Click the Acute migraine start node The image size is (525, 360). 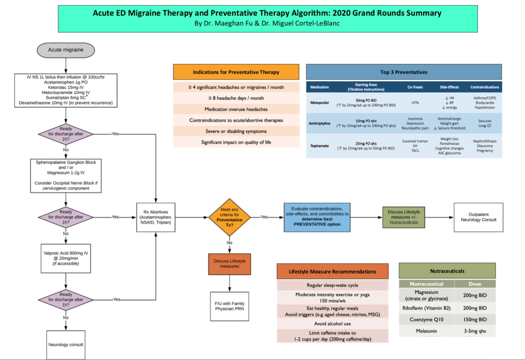click(66, 50)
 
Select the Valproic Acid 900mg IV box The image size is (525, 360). click(66, 258)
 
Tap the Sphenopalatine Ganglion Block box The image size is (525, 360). click(66, 175)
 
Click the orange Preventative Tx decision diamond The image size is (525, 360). click(229, 217)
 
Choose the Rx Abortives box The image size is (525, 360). click(156, 217)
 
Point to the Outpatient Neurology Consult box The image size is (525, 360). click(478, 217)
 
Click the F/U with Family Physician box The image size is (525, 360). click(229, 306)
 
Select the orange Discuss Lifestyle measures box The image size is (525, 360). click(229, 264)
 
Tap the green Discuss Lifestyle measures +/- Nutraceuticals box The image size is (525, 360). click(403, 217)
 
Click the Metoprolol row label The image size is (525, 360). click(319, 103)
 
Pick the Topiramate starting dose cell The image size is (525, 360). click(366, 146)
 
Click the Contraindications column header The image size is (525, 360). click(484, 87)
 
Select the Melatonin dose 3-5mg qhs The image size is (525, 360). click(475, 331)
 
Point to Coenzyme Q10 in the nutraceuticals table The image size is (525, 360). click(426, 320)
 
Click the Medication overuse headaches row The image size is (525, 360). click(236, 109)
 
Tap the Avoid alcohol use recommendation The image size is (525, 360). click(332, 324)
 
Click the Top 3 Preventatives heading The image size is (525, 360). click(403, 72)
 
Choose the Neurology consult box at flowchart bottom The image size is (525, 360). click(66, 344)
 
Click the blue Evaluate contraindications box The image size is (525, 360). click(317, 217)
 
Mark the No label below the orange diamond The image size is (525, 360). click(229, 243)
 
